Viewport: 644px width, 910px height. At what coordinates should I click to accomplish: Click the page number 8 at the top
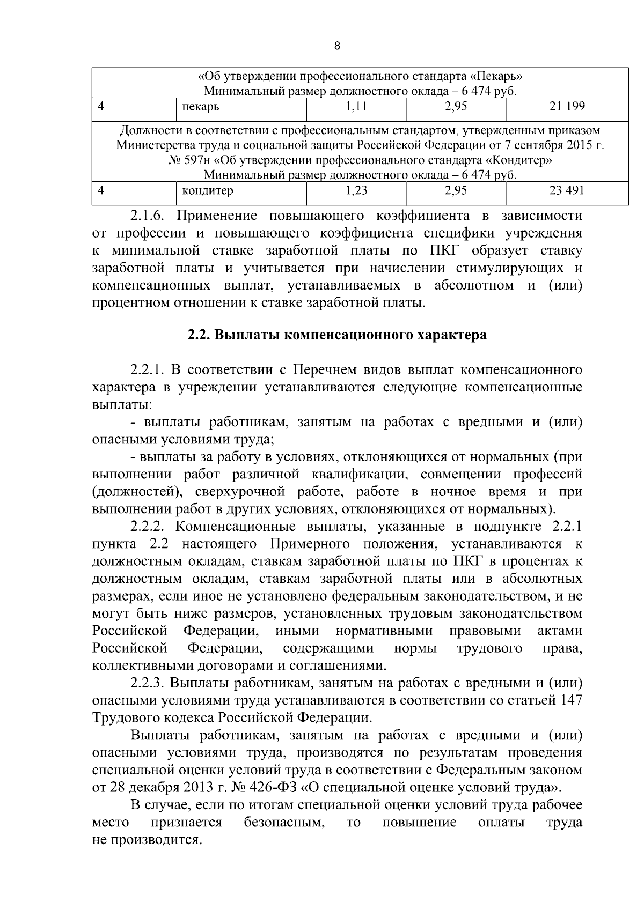pos(337,46)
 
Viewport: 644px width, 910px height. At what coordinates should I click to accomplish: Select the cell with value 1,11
pos(356,107)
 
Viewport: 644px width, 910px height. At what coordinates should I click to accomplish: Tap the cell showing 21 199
pos(567,107)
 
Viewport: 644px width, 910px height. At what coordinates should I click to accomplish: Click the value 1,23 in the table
pos(356,190)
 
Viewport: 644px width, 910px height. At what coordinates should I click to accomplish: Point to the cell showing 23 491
pos(567,190)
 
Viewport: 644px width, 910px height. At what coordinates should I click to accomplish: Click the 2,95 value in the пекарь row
pos(456,107)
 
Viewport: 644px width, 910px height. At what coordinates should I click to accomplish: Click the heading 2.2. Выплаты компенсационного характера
pos(337,335)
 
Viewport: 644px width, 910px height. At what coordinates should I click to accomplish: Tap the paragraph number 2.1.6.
pos(150,216)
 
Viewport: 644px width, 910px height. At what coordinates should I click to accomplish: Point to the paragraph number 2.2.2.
pos(150,527)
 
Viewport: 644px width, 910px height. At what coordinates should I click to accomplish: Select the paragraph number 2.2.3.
pos(150,684)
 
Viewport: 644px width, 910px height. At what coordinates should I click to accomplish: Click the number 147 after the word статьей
pos(571,701)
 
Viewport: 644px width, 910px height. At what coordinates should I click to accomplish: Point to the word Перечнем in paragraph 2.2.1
pos(320,370)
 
